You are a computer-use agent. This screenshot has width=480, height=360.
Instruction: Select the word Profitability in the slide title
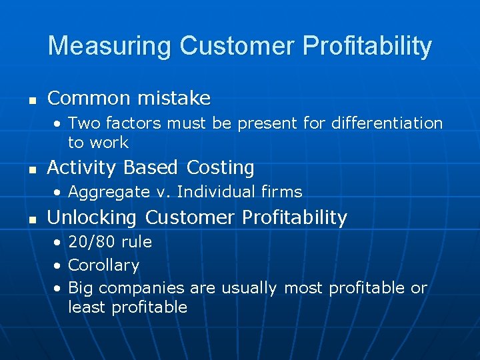pyautogui.click(x=367, y=47)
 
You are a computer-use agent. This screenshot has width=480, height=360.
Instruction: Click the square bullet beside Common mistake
pyautogui.click(x=31, y=100)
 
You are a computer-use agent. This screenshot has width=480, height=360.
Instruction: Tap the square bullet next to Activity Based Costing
pyautogui.click(x=31, y=169)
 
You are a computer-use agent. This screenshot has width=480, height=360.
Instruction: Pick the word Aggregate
pyautogui.click(x=109, y=192)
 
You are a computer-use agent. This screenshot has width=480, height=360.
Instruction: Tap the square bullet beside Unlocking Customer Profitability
pyautogui.click(x=31, y=219)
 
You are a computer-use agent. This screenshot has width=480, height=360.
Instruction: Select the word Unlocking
pyautogui.click(x=93, y=218)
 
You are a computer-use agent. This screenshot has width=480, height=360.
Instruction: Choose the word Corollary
pyautogui.click(x=103, y=265)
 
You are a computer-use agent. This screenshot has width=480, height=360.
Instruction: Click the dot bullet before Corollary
pyautogui.click(x=58, y=266)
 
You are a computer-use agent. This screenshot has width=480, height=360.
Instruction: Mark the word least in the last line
pyautogui.click(x=87, y=307)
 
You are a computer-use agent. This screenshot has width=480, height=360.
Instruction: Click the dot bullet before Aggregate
pyautogui.click(x=58, y=193)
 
